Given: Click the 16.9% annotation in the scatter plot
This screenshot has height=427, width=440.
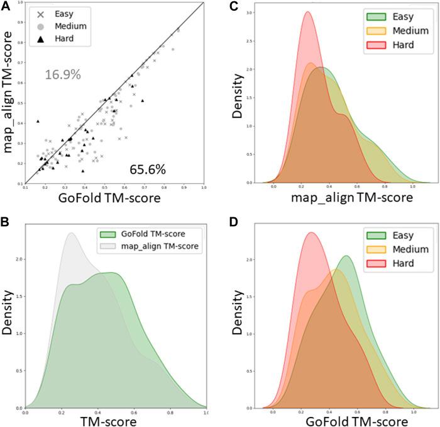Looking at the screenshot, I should pos(63,75).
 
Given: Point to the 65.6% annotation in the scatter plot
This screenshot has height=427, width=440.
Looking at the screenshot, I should pos(147,169).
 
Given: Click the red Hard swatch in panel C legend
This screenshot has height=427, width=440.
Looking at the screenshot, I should pos(365,43).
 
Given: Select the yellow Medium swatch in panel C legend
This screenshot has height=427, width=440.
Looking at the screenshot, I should pos(365,30).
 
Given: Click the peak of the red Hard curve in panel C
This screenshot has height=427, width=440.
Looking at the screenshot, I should pos(308,12).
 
